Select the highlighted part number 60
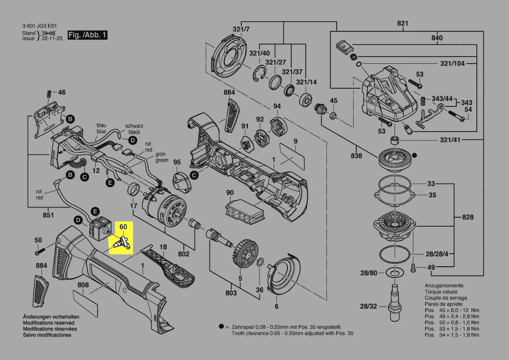click(x=123, y=227)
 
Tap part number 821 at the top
click(x=402, y=23)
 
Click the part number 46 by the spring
click(x=62, y=92)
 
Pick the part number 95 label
click(x=177, y=163)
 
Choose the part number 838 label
click(x=356, y=156)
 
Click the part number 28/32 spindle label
click(x=368, y=306)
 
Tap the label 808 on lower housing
click(x=83, y=285)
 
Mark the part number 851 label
click(x=48, y=215)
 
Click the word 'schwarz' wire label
click(x=134, y=126)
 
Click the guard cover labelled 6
click(x=283, y=275)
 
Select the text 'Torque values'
click(x=441, y=292)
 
